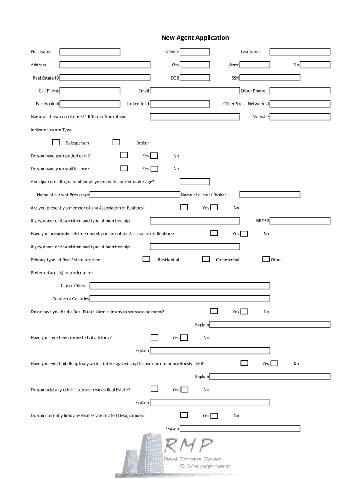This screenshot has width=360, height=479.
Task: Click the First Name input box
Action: click(90, 52)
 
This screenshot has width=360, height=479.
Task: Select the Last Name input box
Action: click(300, 52)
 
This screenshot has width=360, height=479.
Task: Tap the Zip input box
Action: click(315, 65)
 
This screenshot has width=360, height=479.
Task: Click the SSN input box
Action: click(270, 78)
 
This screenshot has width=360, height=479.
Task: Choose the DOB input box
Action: click(195, 78)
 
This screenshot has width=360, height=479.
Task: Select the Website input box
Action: click(300, 117)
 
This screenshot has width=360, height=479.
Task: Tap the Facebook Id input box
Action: click(90, 104)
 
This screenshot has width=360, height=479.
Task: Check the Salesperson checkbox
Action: click(56, 142)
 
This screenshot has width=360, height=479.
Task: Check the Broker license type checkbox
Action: click(116, 142)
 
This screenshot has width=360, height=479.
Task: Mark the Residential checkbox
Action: click(146, 259)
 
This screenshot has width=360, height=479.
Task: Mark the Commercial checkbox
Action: click(206, 259)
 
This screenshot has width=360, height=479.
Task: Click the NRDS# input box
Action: click(300, 221)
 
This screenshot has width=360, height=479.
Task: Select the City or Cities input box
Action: click(180, 285)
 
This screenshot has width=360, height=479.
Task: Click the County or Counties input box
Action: click(180, 298)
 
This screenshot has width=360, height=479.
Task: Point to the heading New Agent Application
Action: click(195, 38)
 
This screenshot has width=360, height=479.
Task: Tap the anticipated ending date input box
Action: click(195, 182)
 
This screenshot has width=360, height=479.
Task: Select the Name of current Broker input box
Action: click(270, 195)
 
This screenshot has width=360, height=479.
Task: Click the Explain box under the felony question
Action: click(209, 350)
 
